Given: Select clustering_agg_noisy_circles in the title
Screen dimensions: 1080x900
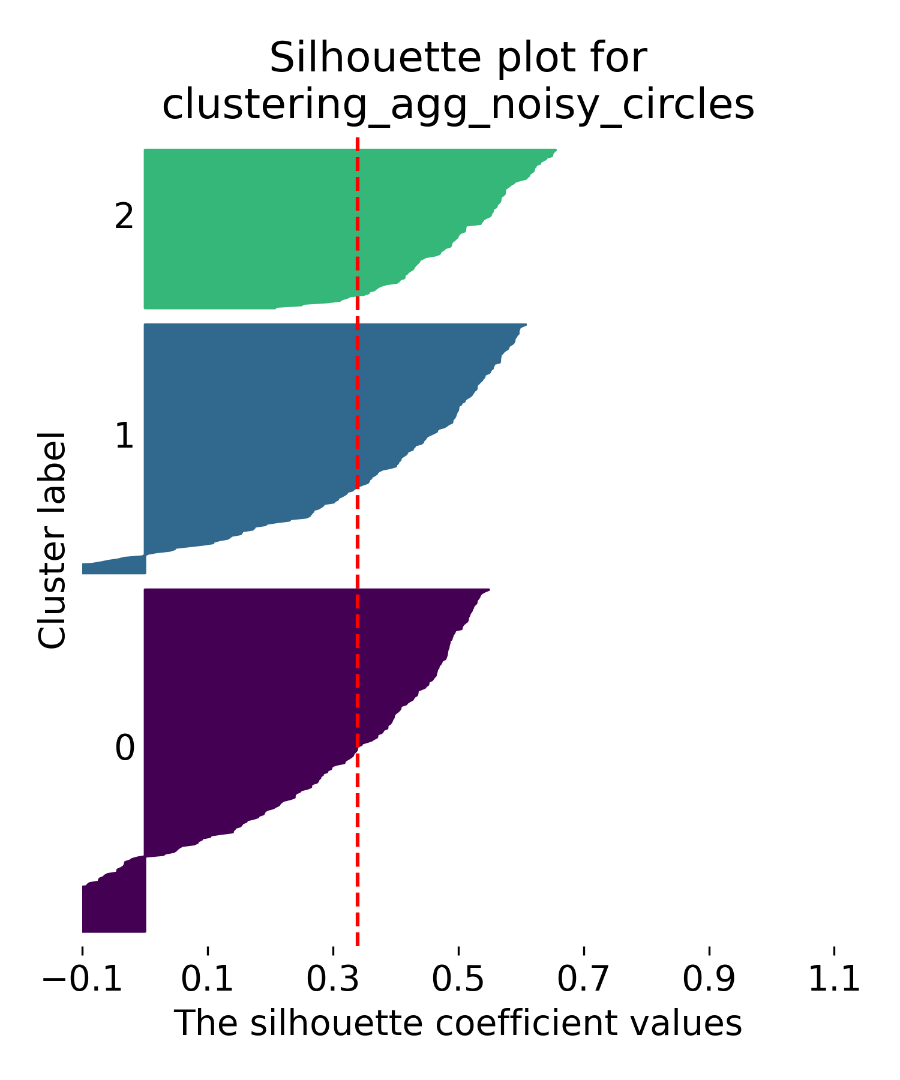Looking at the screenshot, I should click(x=458, y=106).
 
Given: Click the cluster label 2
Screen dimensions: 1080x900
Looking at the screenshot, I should click(x=124, y=217).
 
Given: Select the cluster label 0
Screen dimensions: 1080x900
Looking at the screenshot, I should click(x=124, y=748).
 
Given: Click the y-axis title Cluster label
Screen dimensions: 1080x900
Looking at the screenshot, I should click(x=52, y=540).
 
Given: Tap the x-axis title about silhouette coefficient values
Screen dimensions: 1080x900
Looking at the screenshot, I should click(x=458, y=1023).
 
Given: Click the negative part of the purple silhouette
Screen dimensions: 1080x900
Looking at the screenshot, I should click(x=114, y=900).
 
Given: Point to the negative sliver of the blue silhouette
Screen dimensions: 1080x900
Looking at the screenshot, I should click(x=114, y=566).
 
